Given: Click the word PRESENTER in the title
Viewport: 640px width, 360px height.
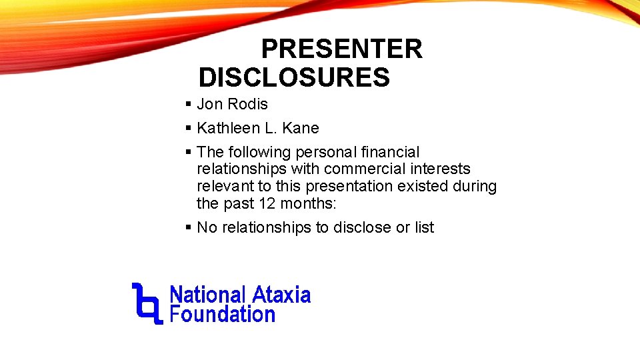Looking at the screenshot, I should coord(341,49).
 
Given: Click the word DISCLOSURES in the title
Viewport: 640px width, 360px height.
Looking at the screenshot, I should coord(294,78).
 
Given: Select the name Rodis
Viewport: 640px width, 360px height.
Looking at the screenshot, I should coord(247,104).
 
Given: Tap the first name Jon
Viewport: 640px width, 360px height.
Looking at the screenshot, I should coord(210,104).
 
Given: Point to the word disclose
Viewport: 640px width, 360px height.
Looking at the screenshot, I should coord(362,227).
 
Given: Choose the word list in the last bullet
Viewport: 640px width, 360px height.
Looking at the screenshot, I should coord(425,227).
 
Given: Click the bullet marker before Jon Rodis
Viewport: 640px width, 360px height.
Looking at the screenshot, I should coord(189,104).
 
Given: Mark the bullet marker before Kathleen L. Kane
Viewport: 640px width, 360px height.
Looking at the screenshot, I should coord(189,128).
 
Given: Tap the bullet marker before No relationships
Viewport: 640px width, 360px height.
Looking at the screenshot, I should coord(189,227).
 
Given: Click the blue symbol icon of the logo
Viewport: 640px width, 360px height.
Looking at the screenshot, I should coord(147,303).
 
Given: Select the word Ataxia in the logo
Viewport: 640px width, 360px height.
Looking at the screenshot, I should coord(280,295).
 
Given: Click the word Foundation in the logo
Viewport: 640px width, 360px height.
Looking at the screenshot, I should coord(223,314).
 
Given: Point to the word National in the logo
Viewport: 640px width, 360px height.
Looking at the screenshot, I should coord(208,295).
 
